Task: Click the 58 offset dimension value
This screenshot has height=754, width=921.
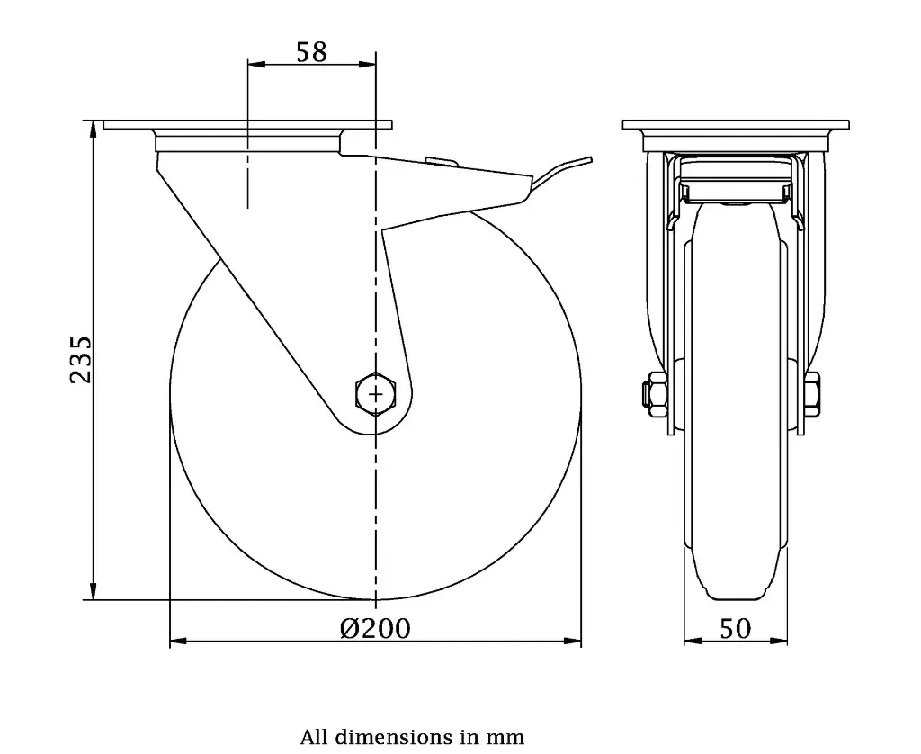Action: click(311, 51)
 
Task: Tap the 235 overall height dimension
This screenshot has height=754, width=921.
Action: click(81, 360)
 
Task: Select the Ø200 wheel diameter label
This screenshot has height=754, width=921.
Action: click(375, 627)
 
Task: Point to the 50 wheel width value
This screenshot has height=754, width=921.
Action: click(735, 628)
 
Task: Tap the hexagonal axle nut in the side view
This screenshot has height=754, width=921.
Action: click(375, 393)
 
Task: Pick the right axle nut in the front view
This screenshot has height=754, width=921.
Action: click(813, 392)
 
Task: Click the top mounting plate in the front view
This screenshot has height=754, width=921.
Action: click(736, 125)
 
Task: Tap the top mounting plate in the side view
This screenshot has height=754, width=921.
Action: click(248, 125)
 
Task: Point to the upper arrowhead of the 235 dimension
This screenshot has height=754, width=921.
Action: click(94, 128)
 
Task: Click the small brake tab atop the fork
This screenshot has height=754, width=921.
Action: click(440, 162)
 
